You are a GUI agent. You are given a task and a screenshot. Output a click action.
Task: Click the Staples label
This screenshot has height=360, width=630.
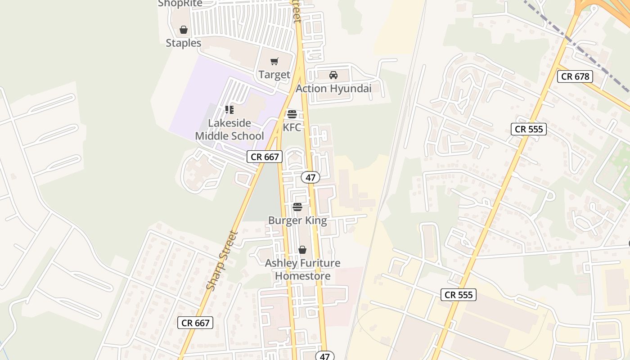coord(184,43)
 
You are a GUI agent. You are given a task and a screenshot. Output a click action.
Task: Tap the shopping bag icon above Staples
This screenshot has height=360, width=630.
coord(184,30)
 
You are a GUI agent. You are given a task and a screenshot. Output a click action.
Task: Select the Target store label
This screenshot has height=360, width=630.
coord(274,75)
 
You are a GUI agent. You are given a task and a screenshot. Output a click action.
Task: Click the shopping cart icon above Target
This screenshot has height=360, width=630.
coord(274,62)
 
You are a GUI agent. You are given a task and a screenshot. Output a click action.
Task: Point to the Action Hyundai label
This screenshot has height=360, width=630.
coord(333,89)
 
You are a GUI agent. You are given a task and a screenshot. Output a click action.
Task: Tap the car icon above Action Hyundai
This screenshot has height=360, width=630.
coord(333,75)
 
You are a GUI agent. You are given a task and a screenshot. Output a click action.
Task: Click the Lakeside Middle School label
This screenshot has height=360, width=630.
coord(229,130)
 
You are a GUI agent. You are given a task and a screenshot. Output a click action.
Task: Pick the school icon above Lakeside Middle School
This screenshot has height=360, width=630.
coord(229,110)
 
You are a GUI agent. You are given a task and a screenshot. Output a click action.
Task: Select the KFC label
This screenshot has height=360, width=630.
coord(292,127)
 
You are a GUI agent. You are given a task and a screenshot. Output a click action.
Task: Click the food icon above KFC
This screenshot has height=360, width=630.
coord(292,114)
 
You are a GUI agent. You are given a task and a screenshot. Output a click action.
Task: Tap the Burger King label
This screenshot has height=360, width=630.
coord(297,220)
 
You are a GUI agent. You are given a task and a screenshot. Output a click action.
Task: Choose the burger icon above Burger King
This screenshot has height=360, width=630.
coord(297,207)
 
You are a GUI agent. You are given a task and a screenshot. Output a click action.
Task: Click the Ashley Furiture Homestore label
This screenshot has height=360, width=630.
coord(303,270)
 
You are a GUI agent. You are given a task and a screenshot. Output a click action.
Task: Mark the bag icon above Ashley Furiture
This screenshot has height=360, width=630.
coord(302,250)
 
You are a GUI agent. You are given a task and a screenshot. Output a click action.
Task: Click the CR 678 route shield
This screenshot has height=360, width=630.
coord(575,76)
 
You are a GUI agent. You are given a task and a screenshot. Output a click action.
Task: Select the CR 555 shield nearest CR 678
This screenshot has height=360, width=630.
coord(529,130)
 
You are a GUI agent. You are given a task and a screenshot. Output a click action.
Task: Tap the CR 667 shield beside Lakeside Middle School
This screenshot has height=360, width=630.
coord(265,157)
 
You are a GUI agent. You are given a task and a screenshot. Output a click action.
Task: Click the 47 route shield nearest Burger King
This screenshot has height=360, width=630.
coord(310,177)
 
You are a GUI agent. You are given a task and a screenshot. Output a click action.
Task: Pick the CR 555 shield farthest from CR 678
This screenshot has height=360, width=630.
coord(458,295)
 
